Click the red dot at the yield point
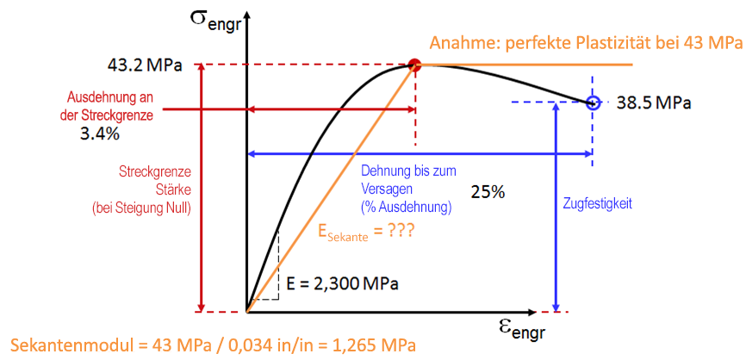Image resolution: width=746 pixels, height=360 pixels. point(414,64)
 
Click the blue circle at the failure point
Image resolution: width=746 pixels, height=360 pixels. point(592,102)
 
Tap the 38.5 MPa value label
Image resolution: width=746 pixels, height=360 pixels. point(654,103)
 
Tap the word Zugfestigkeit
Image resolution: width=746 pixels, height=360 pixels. point(600,204)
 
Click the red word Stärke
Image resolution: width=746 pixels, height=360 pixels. point(154,190)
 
